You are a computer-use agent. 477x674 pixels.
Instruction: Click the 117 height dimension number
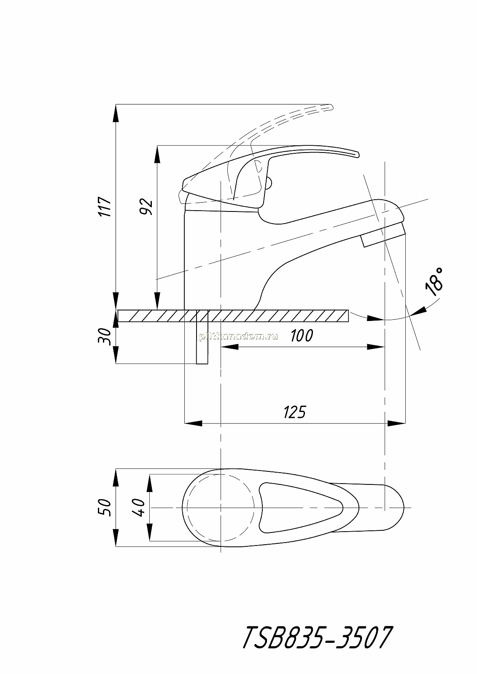[x=106, y=206]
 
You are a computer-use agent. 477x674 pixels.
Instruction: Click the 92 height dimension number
[x=147, y=206]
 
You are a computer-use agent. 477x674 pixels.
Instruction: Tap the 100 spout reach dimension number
[x=302, y=335]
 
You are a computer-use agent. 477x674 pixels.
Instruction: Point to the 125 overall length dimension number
[x=295, y=412]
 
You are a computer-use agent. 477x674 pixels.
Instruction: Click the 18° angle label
[x=434, y=282]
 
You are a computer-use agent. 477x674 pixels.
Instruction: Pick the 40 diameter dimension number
[x=139, y=507]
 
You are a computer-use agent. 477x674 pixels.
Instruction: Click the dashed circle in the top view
[x=221, y=507]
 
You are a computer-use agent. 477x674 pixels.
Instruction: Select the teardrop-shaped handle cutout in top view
[x=301, y=507]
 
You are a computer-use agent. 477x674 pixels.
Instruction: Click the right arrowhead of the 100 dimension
[x=376, y=347]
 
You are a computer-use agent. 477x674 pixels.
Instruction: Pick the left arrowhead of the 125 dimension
[x=193, y=423]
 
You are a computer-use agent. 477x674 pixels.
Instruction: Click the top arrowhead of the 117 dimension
[x=116, y=113]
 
